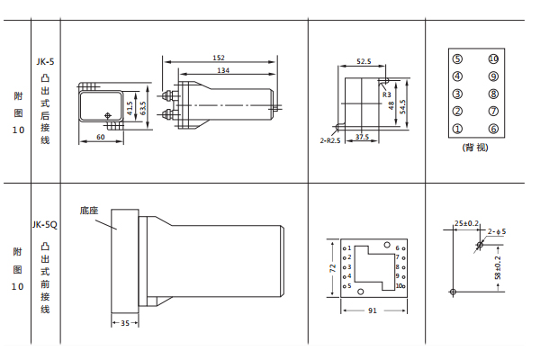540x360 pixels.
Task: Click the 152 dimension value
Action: pos(219,58)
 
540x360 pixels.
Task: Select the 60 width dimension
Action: pos(100,138)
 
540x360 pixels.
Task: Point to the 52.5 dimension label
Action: pos(364,62)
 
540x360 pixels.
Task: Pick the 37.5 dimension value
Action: pos(363,137)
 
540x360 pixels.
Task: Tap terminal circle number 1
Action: pos(457,129)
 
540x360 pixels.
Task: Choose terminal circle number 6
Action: pos(493,129)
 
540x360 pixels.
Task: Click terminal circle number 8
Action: pos(493,94)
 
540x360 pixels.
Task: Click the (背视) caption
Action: pos(474,147)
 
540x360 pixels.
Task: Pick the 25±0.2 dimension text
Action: pos(466,221)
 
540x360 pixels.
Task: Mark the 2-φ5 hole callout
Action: pos(497,232)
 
